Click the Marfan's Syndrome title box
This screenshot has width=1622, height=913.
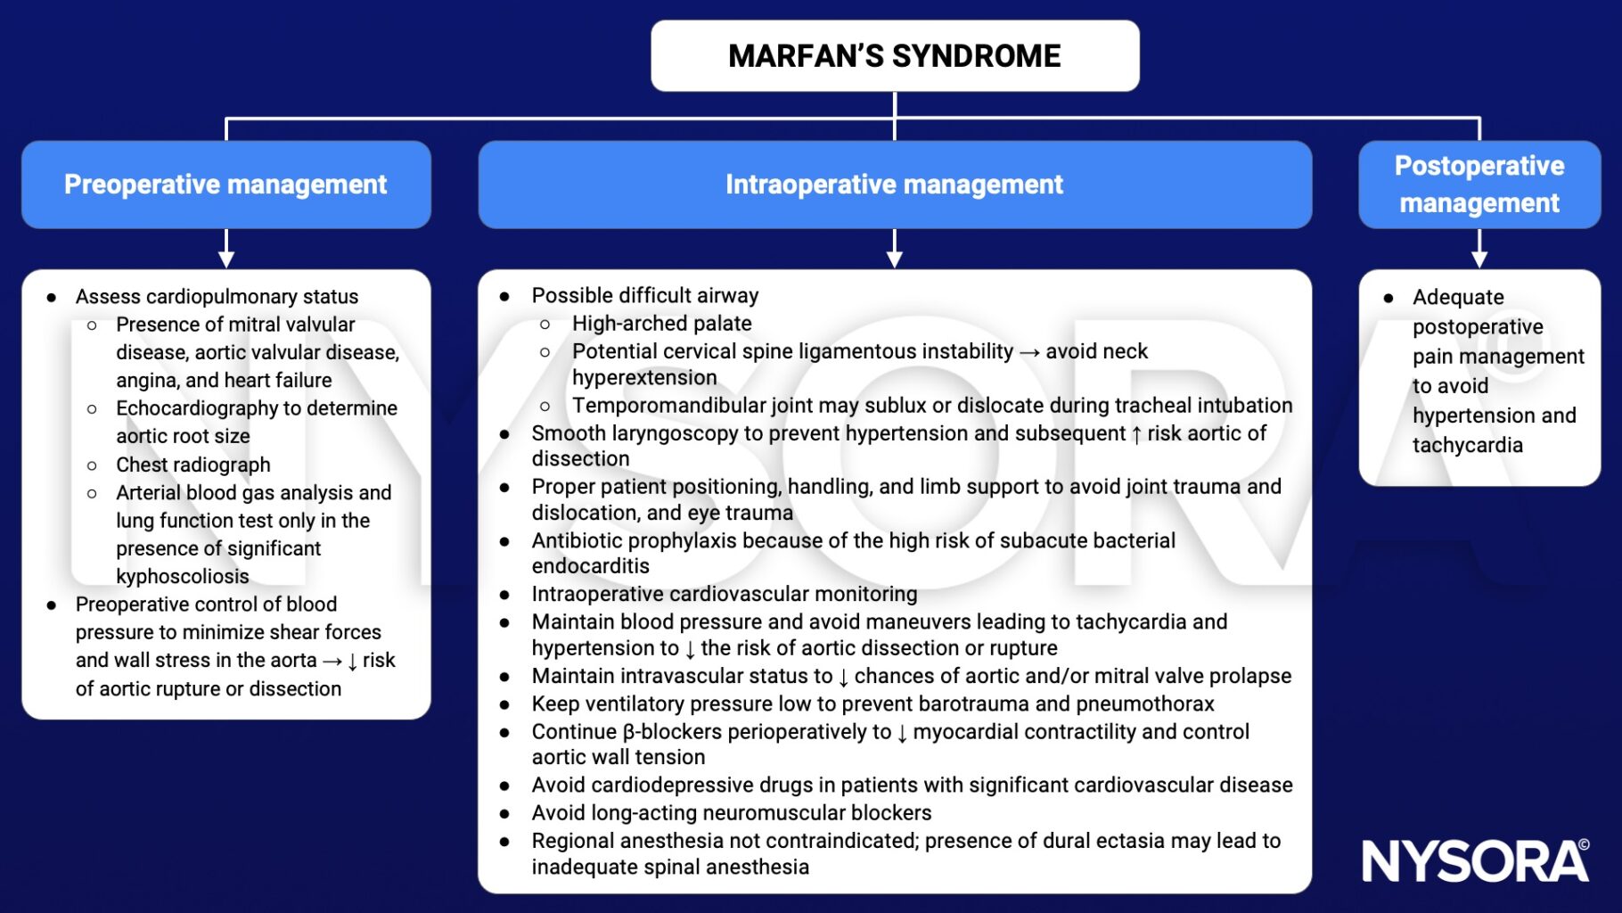pyautogui.click(x=895, y=56)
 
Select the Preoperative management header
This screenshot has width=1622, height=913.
pyautogui.click(x=225, y=185)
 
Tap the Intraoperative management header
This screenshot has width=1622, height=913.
pyautogui.click(x=894, y=185)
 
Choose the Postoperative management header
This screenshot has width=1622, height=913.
pyautogui.click(x=1479, y=185)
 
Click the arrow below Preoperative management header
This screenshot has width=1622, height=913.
pyautogui.click(x=226, y=249)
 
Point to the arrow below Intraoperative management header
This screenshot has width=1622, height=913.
pyautogui.click(x=895, y=249)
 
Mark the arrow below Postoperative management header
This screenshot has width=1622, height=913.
pyautogui.click(x=1479, y=249)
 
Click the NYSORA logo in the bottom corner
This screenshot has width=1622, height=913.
pyautogui.click(x=1475, y=861)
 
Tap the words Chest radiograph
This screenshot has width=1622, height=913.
pyautogui.click(x=193, y=465)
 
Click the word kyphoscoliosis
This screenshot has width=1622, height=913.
pyautogui.click(x=182, y=576)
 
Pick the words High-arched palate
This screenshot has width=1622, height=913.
pyautogui.click(x=661, y=324)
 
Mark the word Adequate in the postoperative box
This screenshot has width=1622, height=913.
pyautogui.click(x=1458, y=298)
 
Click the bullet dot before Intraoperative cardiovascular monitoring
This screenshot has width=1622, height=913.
pyautogui.click(x=504, y=595)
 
